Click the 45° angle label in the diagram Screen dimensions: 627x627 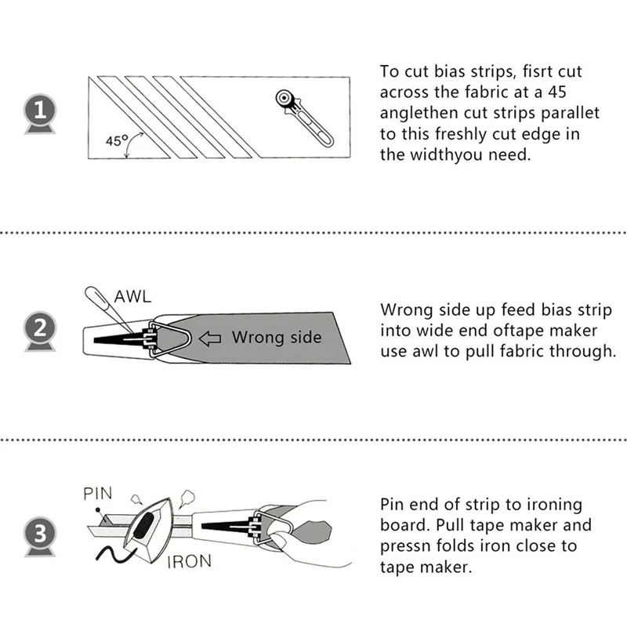coord(116,141)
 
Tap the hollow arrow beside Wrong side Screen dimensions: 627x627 coord(211,338)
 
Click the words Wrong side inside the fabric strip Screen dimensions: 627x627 coord(276,338)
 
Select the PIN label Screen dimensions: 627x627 coord(98,494)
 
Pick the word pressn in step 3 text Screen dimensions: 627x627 coord(408,546)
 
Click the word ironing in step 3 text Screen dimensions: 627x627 coord(555,504)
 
